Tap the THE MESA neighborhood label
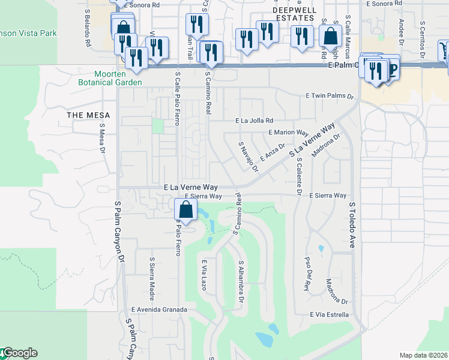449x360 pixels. pos(84,114)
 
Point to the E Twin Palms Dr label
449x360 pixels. pos(330,95)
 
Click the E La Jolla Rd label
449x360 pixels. pos(255,120)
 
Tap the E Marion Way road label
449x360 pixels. pos(289,132)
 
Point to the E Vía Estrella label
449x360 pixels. pos(330,314)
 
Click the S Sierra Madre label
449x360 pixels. pos(151,279)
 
